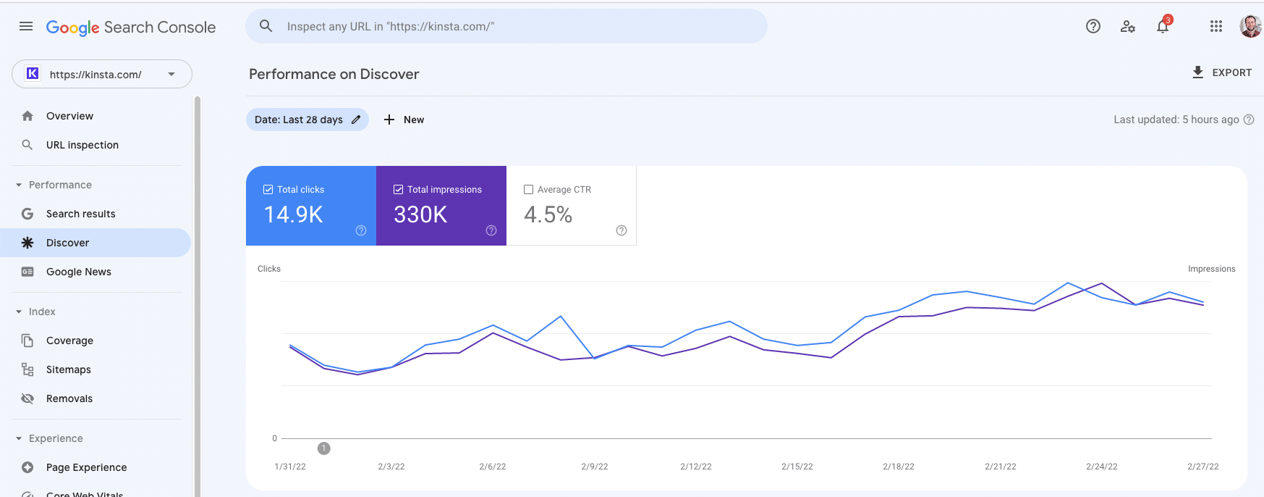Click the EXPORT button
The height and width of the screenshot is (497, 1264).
[x=1222, y=72]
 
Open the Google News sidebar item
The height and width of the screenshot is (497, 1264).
[x=78, y=272]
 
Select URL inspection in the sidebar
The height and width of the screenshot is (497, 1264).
[x=82, y=145]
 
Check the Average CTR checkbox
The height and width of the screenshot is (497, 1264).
[x=529, y=190]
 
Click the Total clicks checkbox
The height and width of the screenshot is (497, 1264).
[x=268, y=190]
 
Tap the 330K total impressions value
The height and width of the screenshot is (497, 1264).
[x=420, y=214]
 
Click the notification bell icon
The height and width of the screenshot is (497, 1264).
[x=1163, y=27]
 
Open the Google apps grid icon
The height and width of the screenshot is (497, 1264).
[x=1216, y=27]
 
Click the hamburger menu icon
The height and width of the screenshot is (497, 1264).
[x=26, y=27]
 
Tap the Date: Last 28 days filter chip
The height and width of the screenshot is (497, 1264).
[x=307, y=120]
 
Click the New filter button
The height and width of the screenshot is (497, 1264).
[x=404, y=120]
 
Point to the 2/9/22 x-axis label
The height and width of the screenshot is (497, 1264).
[x=594, y=467]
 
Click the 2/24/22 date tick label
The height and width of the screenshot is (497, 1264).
[x=1101, y=467]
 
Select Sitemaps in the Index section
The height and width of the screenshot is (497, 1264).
[x=68, y=369]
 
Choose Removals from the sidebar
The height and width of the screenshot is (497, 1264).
[x=69, y=398]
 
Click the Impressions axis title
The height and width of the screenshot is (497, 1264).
[x=1211, y=269]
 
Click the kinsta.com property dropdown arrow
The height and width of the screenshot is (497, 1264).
[x=171, y=74]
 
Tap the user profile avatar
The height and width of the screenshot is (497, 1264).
[x=1250, y=27]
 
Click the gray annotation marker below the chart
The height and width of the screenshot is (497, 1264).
[x=324, y=448]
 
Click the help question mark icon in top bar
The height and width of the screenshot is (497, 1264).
[x=1093, y=27]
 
